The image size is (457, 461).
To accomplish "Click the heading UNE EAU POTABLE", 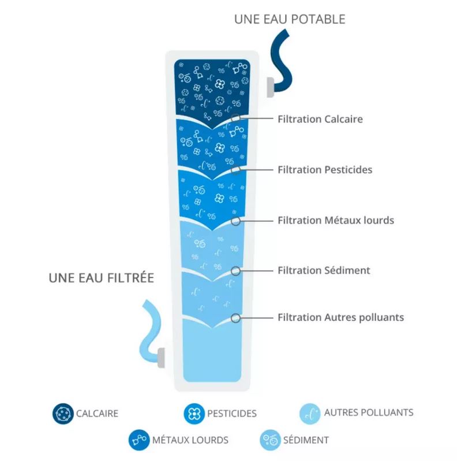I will (x=290, y=19).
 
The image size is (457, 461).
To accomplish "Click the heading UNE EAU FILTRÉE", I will (x=102, y=278).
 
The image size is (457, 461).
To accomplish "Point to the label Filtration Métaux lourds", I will (x=335, y=220).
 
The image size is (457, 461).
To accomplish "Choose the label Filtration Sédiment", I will (x=323, y=270).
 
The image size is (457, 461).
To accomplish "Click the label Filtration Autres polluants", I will (x=340, y=317).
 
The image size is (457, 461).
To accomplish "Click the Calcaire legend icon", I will (x=63, y=413).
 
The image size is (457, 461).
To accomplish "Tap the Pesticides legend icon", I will (x=193, y=414).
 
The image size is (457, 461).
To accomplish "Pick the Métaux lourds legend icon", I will (x=138, y=440).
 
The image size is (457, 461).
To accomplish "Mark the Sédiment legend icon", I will (x=270, y=440).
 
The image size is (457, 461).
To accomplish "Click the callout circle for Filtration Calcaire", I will (x=236, y=119).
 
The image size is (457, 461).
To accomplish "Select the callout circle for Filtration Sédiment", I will (x=235, y=270).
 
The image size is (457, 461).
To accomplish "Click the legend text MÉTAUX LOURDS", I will (x=190, y=440).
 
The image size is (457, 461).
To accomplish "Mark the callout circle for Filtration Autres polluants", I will (x=235, y=317).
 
